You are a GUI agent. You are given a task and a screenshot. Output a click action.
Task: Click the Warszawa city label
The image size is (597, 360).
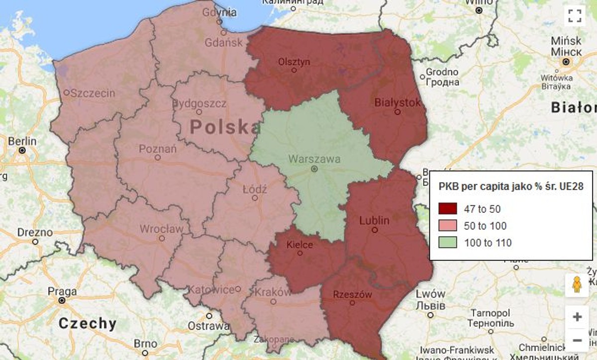314,160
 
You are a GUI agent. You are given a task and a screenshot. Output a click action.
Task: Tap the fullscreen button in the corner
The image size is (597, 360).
575,15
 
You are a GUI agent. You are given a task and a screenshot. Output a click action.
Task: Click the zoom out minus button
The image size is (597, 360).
577,341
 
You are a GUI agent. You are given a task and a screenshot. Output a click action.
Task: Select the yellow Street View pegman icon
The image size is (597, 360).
577,285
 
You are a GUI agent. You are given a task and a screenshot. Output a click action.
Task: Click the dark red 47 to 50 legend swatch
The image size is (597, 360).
448,209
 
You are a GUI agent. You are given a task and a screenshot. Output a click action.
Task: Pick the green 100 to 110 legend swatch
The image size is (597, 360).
448,243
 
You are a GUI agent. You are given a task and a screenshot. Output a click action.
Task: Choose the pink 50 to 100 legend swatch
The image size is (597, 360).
448,226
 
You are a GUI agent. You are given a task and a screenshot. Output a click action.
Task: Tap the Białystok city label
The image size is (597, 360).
397,103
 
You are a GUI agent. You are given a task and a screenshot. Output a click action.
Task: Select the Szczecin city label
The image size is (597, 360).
93,93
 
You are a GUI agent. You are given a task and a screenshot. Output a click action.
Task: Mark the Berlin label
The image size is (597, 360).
22,141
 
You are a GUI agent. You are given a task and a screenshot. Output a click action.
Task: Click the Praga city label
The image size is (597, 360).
62,291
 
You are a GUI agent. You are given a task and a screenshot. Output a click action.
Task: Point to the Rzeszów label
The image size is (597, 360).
353,294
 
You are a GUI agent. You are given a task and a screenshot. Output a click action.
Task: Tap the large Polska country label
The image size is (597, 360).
226,127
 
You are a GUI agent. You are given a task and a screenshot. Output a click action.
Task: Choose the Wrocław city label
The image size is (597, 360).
161,229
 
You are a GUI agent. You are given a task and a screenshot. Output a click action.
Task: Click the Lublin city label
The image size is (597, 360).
374,220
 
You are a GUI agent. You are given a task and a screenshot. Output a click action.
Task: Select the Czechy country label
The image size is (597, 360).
88,323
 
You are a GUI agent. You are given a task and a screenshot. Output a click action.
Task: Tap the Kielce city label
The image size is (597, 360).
299,245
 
